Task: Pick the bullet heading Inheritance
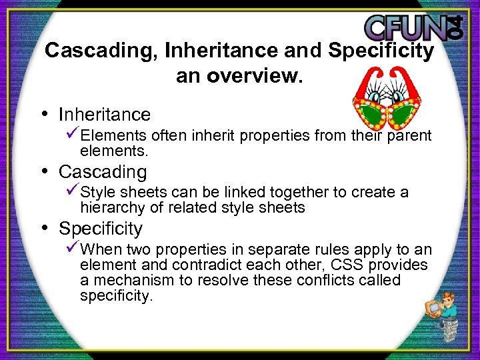(105, 115)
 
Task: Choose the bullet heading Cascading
(103, 171)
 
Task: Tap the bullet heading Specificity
(101, 229)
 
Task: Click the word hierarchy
(109, 208)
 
